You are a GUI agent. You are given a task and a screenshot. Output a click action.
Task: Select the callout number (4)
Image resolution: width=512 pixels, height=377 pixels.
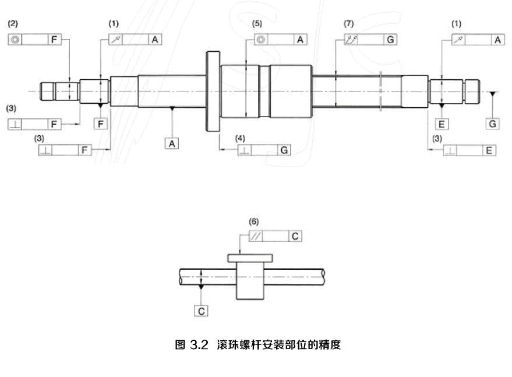[x=239, y=138]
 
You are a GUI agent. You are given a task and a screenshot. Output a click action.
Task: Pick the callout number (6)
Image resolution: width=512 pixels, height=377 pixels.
[x=253, y=221]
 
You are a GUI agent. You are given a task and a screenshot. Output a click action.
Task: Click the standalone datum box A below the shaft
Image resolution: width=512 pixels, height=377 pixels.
[x=172, y=142]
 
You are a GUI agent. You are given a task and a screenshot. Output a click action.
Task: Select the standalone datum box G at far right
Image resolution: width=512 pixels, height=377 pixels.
[x=493, y=124]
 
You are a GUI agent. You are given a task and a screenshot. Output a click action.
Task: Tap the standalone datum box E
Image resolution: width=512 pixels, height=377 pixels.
[x=442, y=124]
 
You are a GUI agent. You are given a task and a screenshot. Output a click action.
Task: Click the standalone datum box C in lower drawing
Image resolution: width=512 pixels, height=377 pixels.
[x=201, y=311]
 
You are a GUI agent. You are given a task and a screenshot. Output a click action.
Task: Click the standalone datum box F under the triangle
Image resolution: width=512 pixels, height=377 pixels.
[x=101, y=124]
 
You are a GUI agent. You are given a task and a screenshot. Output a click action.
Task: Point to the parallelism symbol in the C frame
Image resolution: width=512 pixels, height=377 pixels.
[x=256, y=237]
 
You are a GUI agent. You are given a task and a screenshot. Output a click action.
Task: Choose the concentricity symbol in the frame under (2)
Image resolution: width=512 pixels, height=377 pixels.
[x=15, y=40]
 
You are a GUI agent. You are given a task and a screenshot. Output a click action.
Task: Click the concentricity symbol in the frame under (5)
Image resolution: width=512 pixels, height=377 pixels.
[x=262, y=40]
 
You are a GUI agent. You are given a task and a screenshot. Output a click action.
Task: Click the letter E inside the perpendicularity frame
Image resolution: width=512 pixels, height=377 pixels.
[x=489, y=150]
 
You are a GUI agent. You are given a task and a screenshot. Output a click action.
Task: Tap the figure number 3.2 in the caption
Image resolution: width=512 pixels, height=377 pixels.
[x=199, y=345]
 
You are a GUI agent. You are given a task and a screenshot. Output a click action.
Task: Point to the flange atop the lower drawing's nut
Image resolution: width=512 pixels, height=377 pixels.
[x=250, y=258]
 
